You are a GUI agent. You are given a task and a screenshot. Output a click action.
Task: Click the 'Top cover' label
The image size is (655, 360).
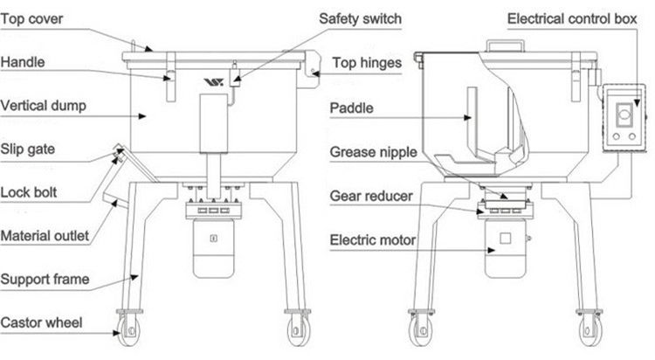pos(31,19)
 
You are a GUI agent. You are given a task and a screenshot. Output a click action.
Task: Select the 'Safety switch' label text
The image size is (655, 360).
pos(360,19)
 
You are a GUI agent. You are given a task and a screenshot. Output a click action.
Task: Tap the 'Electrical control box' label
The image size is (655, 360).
pos(572,19)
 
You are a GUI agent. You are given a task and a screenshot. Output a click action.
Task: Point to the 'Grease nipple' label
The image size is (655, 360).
pos(374,153)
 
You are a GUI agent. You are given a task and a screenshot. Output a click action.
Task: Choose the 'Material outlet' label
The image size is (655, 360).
pos(45,236)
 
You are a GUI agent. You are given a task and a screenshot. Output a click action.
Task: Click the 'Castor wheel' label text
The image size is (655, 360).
pos(41,322)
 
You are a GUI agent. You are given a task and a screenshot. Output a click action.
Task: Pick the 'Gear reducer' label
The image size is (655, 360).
pos(371,196)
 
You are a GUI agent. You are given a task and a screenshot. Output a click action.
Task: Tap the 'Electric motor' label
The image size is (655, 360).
pos(373,240)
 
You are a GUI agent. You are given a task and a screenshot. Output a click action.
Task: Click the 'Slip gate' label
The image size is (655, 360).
pos(28,149)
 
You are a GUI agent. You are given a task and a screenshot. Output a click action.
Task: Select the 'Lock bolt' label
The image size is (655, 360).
pos(29,193)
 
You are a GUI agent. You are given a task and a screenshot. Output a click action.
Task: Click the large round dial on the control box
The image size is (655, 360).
pos(624,114)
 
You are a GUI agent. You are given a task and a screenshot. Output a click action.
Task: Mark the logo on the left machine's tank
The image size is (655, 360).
pos(213,82)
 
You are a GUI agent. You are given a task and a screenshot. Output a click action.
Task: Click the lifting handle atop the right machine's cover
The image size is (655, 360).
pos(506,45)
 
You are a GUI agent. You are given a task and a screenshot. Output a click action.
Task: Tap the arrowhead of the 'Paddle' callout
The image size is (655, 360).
pos(468,118)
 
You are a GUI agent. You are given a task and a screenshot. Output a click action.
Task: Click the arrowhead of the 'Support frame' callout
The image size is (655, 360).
pos(134,277)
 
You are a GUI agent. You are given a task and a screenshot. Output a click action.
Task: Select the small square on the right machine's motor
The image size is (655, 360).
pos(505,239)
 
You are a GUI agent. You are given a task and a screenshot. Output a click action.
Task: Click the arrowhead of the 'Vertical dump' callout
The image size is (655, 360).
pos(142,116)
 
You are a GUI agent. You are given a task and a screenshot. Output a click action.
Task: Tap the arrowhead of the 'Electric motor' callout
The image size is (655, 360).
pos(491,251)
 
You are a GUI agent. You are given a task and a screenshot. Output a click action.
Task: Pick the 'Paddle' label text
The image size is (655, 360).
pos(351,108)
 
